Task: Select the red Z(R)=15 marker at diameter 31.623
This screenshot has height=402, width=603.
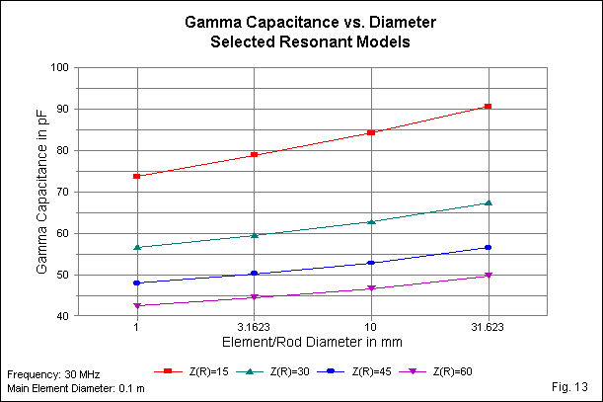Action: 488,106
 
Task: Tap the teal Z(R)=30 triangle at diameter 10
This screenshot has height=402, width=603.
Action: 371,221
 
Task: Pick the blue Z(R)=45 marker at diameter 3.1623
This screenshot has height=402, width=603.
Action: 254,274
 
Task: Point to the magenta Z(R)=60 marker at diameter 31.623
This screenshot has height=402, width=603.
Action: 488,276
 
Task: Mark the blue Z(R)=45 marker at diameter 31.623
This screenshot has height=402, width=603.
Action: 488,247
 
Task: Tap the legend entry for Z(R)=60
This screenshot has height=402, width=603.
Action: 433,370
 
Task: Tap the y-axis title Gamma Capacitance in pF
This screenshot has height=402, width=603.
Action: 42,193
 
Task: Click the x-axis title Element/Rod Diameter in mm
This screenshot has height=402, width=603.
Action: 312,345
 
